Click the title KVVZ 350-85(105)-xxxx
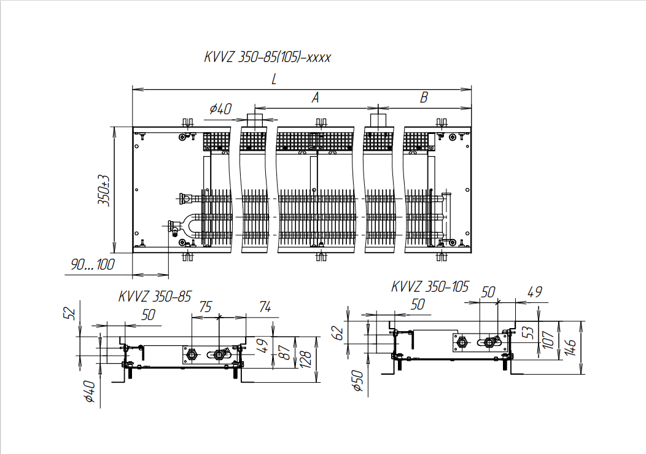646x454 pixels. (x=267, y=57)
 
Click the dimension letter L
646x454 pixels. (x=274, y=79)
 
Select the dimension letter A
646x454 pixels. (x=315, y=98)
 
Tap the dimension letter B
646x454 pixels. (x=424, y=97)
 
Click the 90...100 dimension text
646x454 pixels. (x=93, y=264)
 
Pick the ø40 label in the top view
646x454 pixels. (x=220, y=109)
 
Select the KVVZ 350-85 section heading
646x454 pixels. (x=155, y=296)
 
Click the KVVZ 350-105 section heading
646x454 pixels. (x=430, y=286)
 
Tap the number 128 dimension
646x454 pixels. (x=306, y=359)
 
